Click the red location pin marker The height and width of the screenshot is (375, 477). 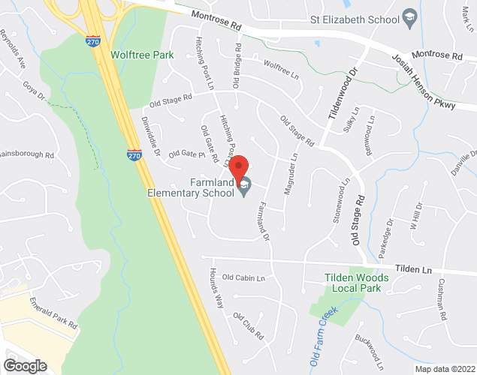click(238, 166)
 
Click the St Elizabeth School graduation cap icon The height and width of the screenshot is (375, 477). click(409, 17)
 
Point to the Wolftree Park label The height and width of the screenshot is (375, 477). click(141, 55)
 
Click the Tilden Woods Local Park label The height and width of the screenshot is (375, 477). click(357, 283)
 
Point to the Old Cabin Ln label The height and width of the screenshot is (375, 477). click(244, 278)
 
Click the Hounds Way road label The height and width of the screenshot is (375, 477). click(216, 288)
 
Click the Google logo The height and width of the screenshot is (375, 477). click(24, 365)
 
